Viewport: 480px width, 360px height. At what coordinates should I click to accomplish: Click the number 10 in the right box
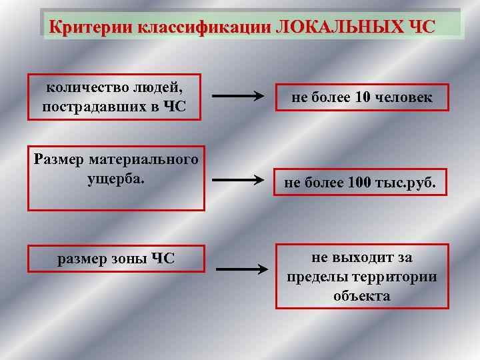[x=363, y=98]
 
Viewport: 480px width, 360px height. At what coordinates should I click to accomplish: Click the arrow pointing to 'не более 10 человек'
[x=237, y=97]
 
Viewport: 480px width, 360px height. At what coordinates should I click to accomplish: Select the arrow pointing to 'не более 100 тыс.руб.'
[x=237, y=180]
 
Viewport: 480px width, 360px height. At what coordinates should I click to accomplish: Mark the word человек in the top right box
[x=404, y=98]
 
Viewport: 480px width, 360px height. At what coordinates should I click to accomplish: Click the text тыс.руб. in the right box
[x=406, y=183]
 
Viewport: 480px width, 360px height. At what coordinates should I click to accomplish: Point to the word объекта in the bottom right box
[x=362, y=295]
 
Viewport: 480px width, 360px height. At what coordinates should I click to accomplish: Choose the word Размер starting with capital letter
[x=59, y=159]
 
